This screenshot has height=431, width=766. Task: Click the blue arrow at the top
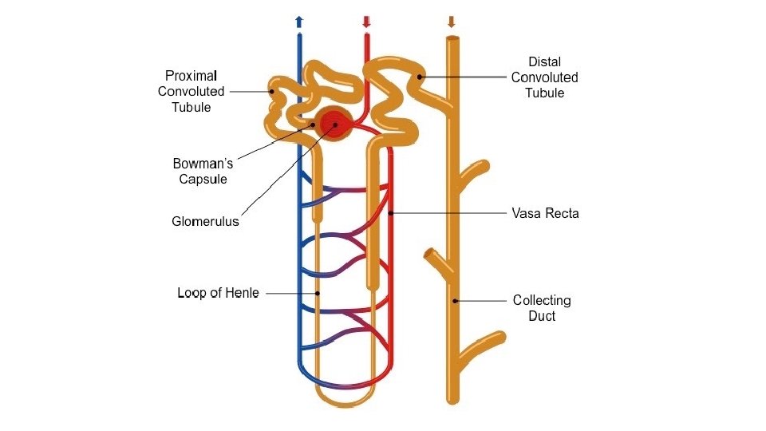tap(299, 22)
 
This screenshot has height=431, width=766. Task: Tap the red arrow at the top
tap(366, 22)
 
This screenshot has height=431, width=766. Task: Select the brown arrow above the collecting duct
tap(452, 22)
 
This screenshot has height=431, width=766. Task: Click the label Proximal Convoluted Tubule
tap(191, 91)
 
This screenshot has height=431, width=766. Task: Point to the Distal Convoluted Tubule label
tap(544, 77)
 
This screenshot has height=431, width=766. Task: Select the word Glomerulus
tap(205, 222)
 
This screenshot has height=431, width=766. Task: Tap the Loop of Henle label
tap(218, 293)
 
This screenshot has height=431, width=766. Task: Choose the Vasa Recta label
tap(545, 213)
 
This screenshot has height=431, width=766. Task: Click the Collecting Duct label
tap(542, 308)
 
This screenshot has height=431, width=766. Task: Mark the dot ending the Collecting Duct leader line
tap(454, 300)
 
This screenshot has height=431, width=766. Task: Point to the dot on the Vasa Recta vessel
tap(391, 213)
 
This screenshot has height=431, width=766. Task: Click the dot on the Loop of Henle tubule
tap(318, 293)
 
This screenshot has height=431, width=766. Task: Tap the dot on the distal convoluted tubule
tap(418, 77)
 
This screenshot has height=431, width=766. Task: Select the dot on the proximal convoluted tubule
tap(272, 91)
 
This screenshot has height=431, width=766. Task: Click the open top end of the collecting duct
tap(452, 38)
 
